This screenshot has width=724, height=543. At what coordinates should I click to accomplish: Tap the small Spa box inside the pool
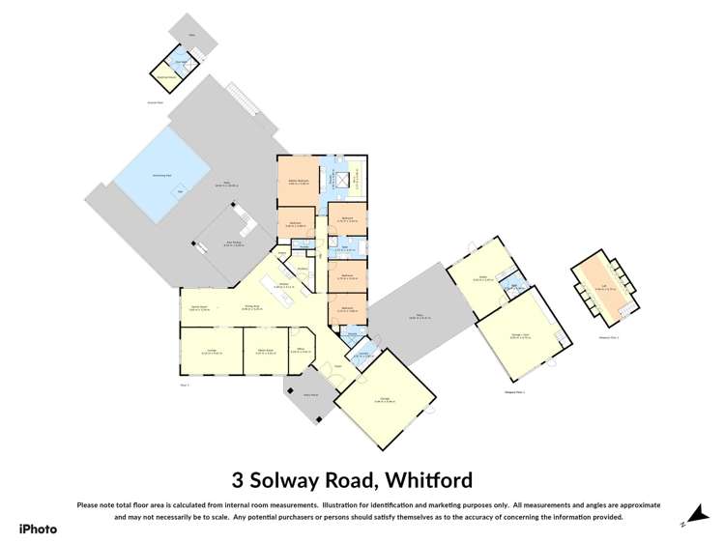(x=178, y=191)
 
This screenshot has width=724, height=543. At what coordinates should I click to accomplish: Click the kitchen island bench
(x=289, y=301)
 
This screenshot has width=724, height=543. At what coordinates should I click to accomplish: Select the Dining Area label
(x=253, y=309)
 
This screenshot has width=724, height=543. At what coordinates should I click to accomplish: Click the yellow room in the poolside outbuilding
(x=166, y=73)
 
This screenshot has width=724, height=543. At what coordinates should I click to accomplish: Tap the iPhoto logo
(x=38, y=529)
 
